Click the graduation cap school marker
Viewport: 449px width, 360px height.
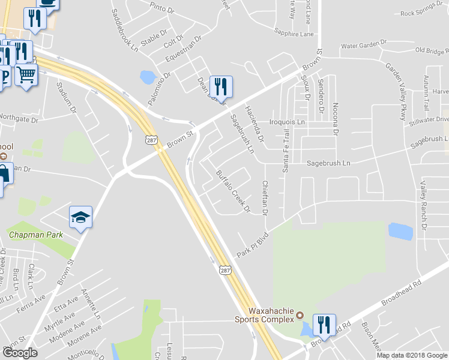coord(81,217)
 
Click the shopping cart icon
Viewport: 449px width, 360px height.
coord(26,76)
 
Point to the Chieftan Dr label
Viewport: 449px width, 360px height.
coord(265,198)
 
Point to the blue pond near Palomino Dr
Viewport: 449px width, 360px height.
coord(147,77)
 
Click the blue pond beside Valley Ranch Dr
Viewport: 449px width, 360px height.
coord(400,231)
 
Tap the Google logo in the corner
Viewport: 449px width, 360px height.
coord(20,352)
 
